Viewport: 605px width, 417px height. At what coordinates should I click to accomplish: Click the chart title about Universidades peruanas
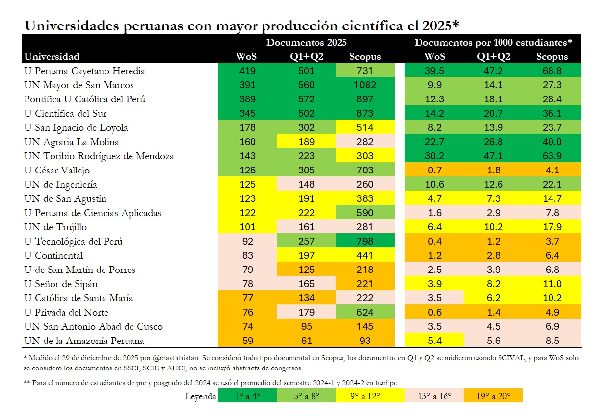241,25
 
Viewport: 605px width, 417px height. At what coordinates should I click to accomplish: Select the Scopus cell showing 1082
365,85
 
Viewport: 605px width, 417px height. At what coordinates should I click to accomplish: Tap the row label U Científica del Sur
65,114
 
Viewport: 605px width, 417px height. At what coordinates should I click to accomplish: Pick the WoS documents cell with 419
247,71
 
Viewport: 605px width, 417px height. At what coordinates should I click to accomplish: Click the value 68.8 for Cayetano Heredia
552,71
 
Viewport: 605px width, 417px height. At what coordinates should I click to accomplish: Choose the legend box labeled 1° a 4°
247,396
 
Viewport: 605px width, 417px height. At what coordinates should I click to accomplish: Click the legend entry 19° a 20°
493,396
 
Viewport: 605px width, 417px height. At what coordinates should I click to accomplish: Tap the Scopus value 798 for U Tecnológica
365,242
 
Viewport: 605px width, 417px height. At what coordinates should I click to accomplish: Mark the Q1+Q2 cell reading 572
307,99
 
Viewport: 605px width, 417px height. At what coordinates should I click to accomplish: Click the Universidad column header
52,56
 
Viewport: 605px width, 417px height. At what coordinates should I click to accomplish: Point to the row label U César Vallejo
57,171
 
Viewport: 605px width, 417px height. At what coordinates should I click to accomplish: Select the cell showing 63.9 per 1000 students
552,156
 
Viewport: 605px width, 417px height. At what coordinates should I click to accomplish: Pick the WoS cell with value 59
247,341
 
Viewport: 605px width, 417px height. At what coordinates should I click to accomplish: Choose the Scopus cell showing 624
365,313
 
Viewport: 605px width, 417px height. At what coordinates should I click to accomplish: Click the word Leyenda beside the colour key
201,396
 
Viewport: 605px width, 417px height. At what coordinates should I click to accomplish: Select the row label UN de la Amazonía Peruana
84,341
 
